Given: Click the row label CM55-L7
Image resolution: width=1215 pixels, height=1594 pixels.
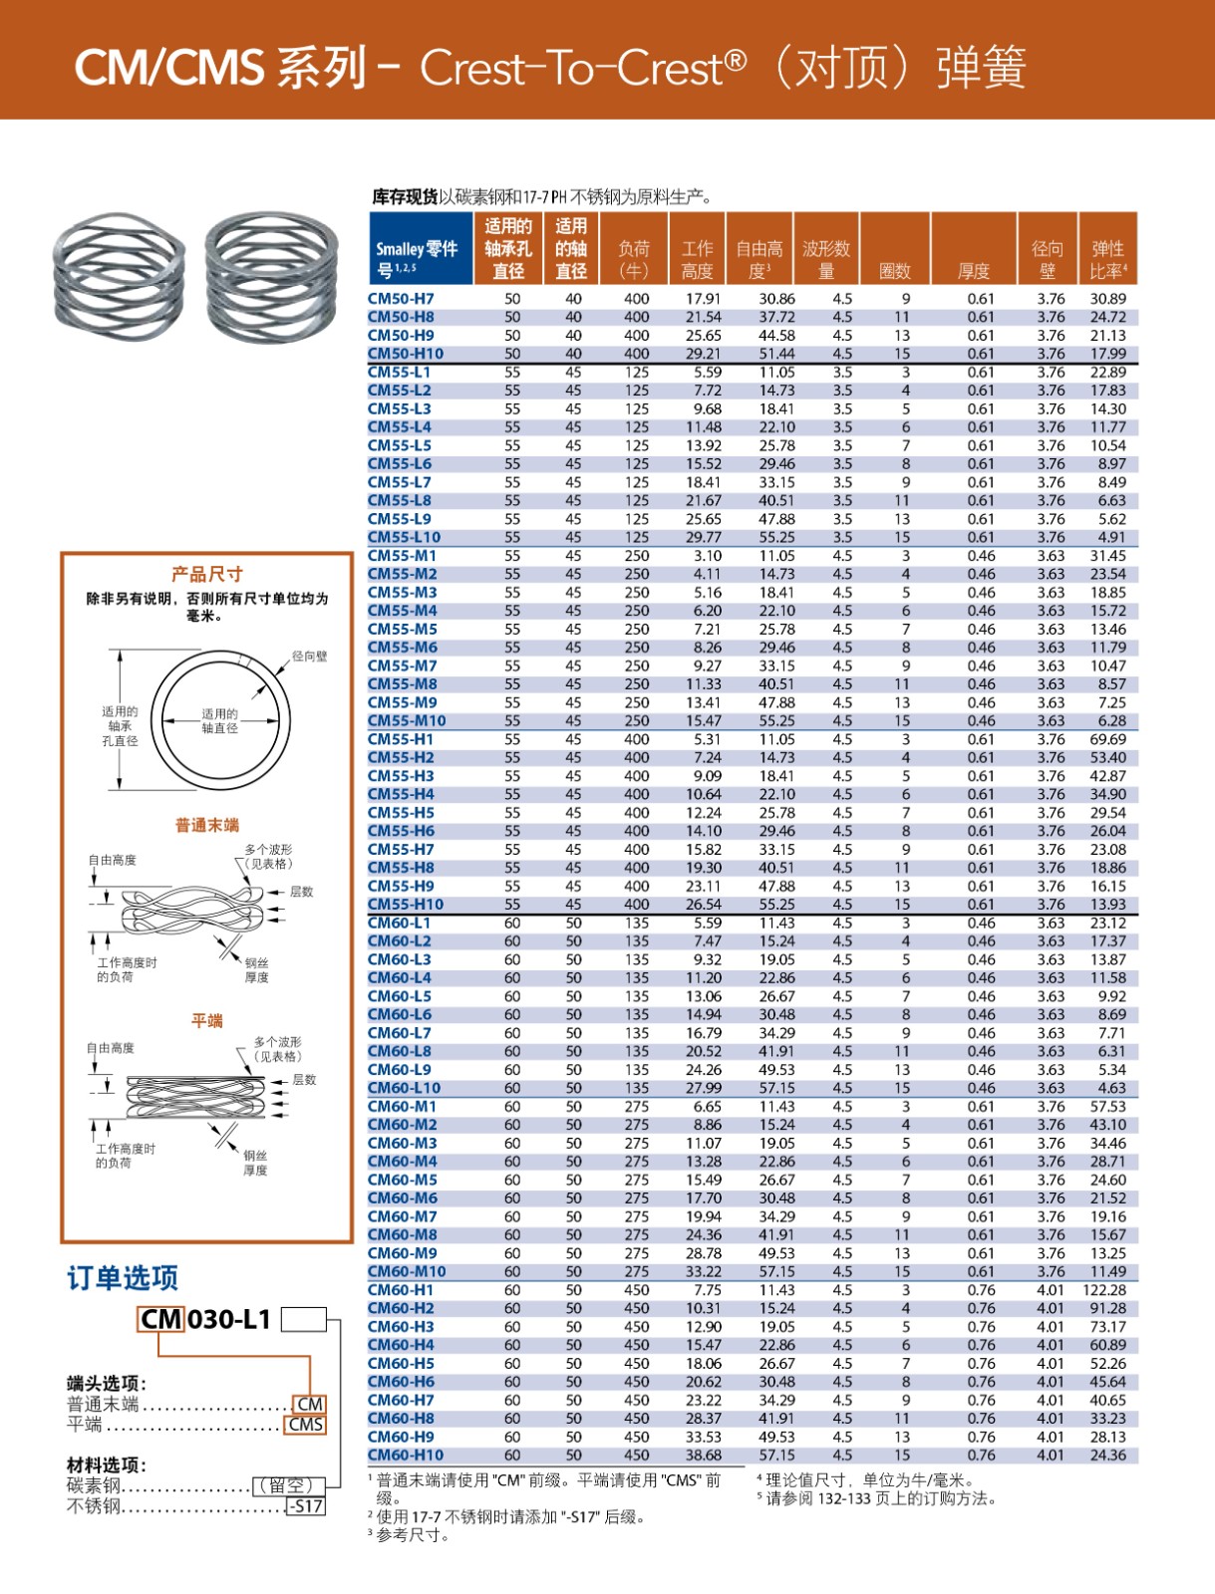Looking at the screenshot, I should coord(400,482).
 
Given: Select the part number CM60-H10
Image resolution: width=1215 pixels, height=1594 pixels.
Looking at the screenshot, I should coord(406,1455).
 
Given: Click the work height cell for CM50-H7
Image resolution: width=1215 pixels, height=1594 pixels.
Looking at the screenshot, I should coord(703,299).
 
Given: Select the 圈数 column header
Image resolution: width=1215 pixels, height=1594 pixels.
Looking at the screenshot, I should coord(894,270).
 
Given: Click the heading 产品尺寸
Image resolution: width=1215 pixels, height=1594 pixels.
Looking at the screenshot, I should coord(206,574).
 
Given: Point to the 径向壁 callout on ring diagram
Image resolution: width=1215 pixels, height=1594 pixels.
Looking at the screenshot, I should coord(309,657).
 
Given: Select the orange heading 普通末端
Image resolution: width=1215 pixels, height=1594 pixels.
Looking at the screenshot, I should coord(206,825).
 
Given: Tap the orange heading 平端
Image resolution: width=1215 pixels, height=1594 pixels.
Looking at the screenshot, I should coord(206,1021).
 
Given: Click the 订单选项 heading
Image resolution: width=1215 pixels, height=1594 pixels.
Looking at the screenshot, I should coord(123,1278).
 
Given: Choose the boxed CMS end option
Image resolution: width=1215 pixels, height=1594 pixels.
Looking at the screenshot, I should coord(306,1425).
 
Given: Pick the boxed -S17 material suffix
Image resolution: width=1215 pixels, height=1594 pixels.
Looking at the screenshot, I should coord(306,1506).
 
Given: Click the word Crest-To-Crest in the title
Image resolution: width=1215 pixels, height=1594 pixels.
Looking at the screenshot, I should coord(583,68).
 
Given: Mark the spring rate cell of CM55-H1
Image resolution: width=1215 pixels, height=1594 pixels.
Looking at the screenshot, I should coord(1107,739).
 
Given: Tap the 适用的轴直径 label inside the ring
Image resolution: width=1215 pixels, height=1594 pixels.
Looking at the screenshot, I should coord(219,720).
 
